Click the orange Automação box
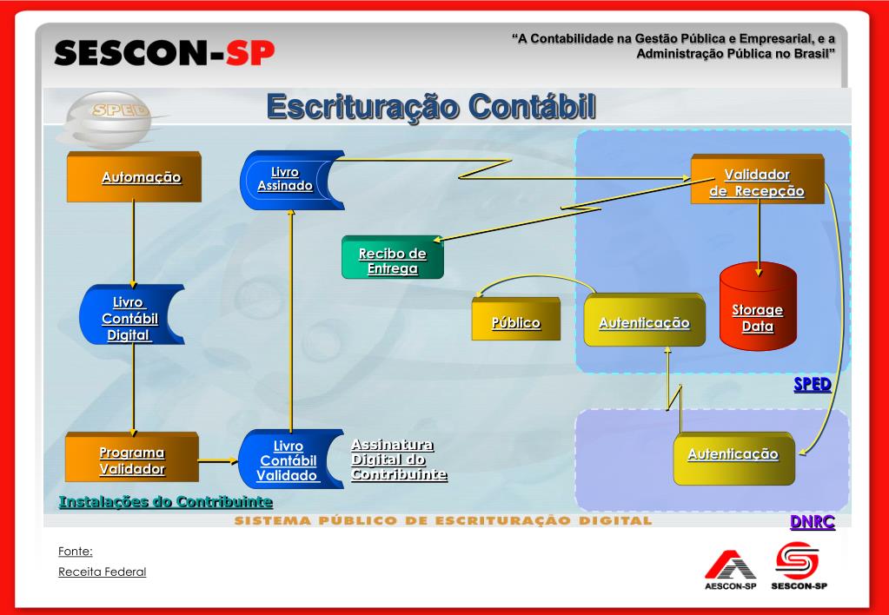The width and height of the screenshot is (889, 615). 135,178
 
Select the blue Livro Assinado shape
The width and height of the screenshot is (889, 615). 289,180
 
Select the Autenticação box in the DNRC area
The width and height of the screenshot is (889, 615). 733,454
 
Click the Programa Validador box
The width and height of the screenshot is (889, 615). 132,460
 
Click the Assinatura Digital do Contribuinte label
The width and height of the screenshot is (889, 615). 398,460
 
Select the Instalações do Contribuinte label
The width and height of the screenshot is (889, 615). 165,502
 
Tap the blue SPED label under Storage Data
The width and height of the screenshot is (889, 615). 812,384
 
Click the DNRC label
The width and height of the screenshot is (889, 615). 812,522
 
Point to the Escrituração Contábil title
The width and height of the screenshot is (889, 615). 431,107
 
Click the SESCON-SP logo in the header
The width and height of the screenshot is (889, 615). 164,54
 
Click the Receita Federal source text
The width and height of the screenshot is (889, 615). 103,572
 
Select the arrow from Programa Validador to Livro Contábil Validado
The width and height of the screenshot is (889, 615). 219,461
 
